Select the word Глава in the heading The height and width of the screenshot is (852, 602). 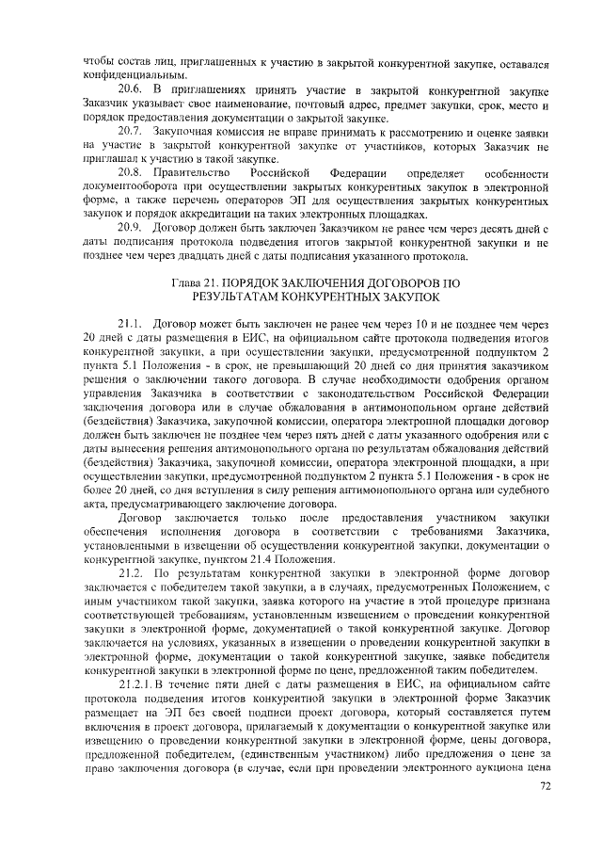[x=190, y=282]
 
